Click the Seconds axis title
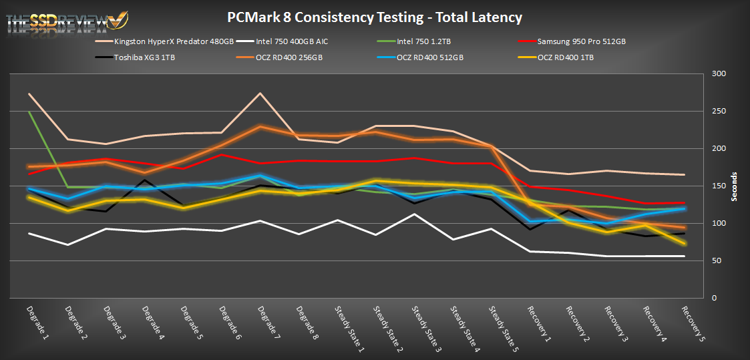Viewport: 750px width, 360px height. (x=735, y=186)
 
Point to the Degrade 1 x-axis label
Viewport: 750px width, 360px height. (x=36, y=321)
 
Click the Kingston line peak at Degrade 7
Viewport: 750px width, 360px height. (x=260, y=94)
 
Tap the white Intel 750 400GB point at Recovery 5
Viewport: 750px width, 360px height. (x=685, y=256)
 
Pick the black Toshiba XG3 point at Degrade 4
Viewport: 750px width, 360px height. (x=145, y=180)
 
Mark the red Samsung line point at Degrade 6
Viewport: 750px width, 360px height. (x=222, y=155)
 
